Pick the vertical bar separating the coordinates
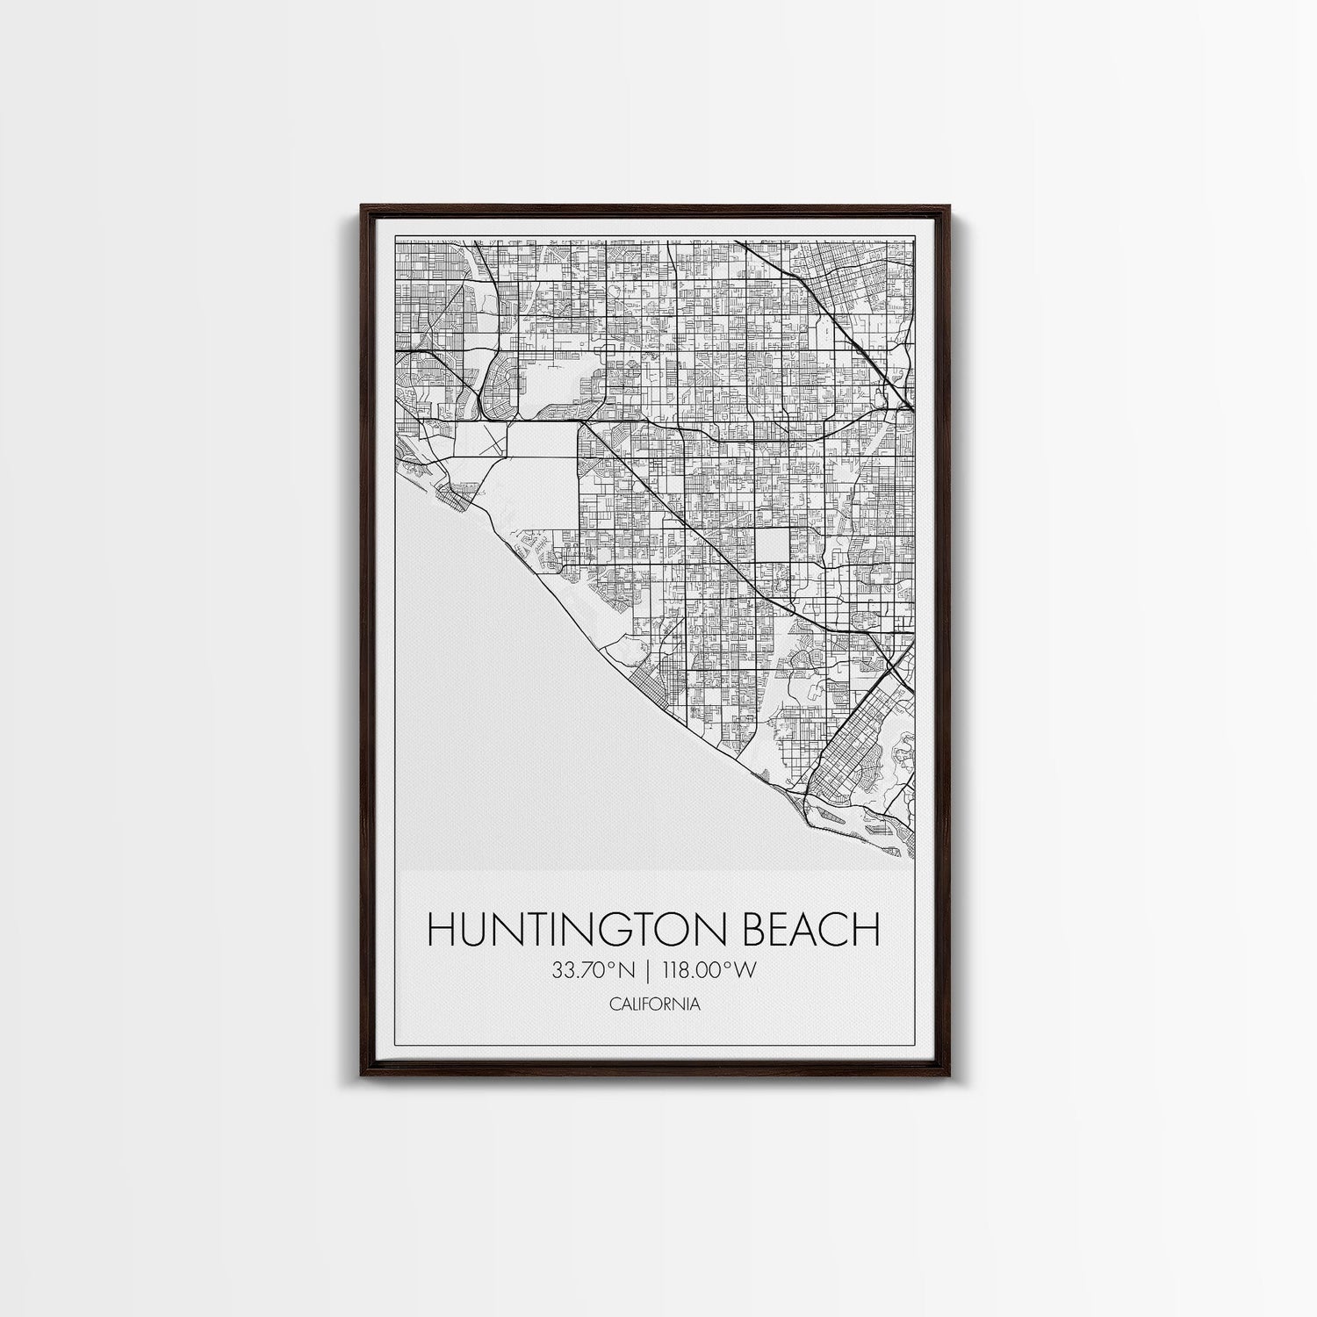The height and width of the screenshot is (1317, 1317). pos(648,970)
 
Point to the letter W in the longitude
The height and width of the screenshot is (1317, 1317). pos(747,970)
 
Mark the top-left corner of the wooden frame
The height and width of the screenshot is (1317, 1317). pos(362,207)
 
